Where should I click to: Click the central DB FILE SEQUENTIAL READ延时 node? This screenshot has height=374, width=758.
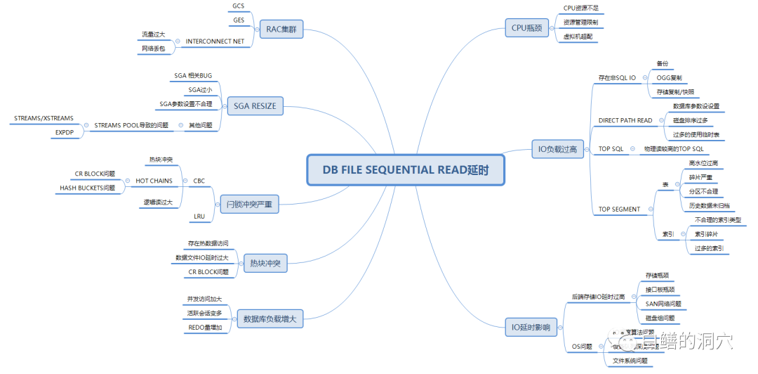[405, 170]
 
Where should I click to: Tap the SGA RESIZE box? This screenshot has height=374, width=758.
[255, 106]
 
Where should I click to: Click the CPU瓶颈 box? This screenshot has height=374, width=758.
[526, 28]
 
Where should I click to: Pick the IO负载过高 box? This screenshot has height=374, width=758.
[557, 149]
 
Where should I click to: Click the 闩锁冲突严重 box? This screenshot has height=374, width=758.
[249, 205]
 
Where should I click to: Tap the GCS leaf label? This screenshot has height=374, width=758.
[239, 6]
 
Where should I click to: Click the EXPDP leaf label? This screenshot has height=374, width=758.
[65, 131]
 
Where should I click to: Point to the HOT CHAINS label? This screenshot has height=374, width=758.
[154, 181]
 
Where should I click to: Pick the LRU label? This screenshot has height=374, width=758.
[199, 217]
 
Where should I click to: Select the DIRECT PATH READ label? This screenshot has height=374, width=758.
[625, 120]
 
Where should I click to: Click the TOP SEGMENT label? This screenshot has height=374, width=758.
[619, 209]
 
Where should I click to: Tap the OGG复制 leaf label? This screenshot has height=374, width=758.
[670, 77]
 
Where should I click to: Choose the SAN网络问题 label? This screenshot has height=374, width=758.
[663, 304]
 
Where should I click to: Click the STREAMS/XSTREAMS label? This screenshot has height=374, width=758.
[44, 119]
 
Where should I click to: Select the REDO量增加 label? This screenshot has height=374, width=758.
[206, 328]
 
